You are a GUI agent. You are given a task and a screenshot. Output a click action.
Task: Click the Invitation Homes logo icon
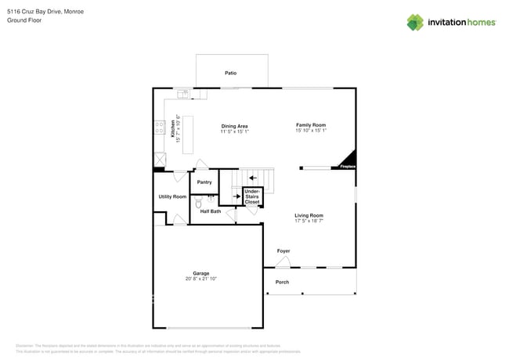pyautogui.click(x=415, y=22)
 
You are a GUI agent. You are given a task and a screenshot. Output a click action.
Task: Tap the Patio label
pyautogui.click(x=230, y=73)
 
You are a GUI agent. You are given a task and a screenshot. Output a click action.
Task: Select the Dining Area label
pyautogui.click(x=234, y=126)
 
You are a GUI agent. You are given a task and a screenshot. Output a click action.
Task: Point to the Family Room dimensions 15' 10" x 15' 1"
pyautogui.click(x=311, y=131)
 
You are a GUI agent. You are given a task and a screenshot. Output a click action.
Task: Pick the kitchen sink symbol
pyautogui.click(x=183, y=94)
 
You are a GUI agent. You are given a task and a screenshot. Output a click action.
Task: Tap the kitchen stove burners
pyautogui.click(x=160, y=127)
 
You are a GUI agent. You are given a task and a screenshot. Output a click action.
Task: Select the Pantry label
pyautogui.click(x=204, y=182)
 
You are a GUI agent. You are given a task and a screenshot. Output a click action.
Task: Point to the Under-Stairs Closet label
pyautogui.click(x=252, y=196)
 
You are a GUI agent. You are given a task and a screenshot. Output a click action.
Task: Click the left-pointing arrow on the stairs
pyautogui.click(x=252, y=178)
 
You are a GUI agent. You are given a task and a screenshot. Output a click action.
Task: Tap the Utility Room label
pyautogui.click(x=172, y=196)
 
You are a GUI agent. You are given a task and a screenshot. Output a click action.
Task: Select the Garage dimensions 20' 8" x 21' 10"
pyautogui.click(x=201, y=279)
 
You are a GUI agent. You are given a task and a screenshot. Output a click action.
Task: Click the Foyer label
pyautogui.click(x=283, y=251)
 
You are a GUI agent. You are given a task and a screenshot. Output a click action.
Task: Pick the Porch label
pyautogui.click(x=282, y=282)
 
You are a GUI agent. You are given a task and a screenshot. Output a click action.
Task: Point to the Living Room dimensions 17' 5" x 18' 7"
pyautogui.click(x=309, y=221)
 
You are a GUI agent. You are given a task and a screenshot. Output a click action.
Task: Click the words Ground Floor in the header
pyautogui.click(x=24, y=20)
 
